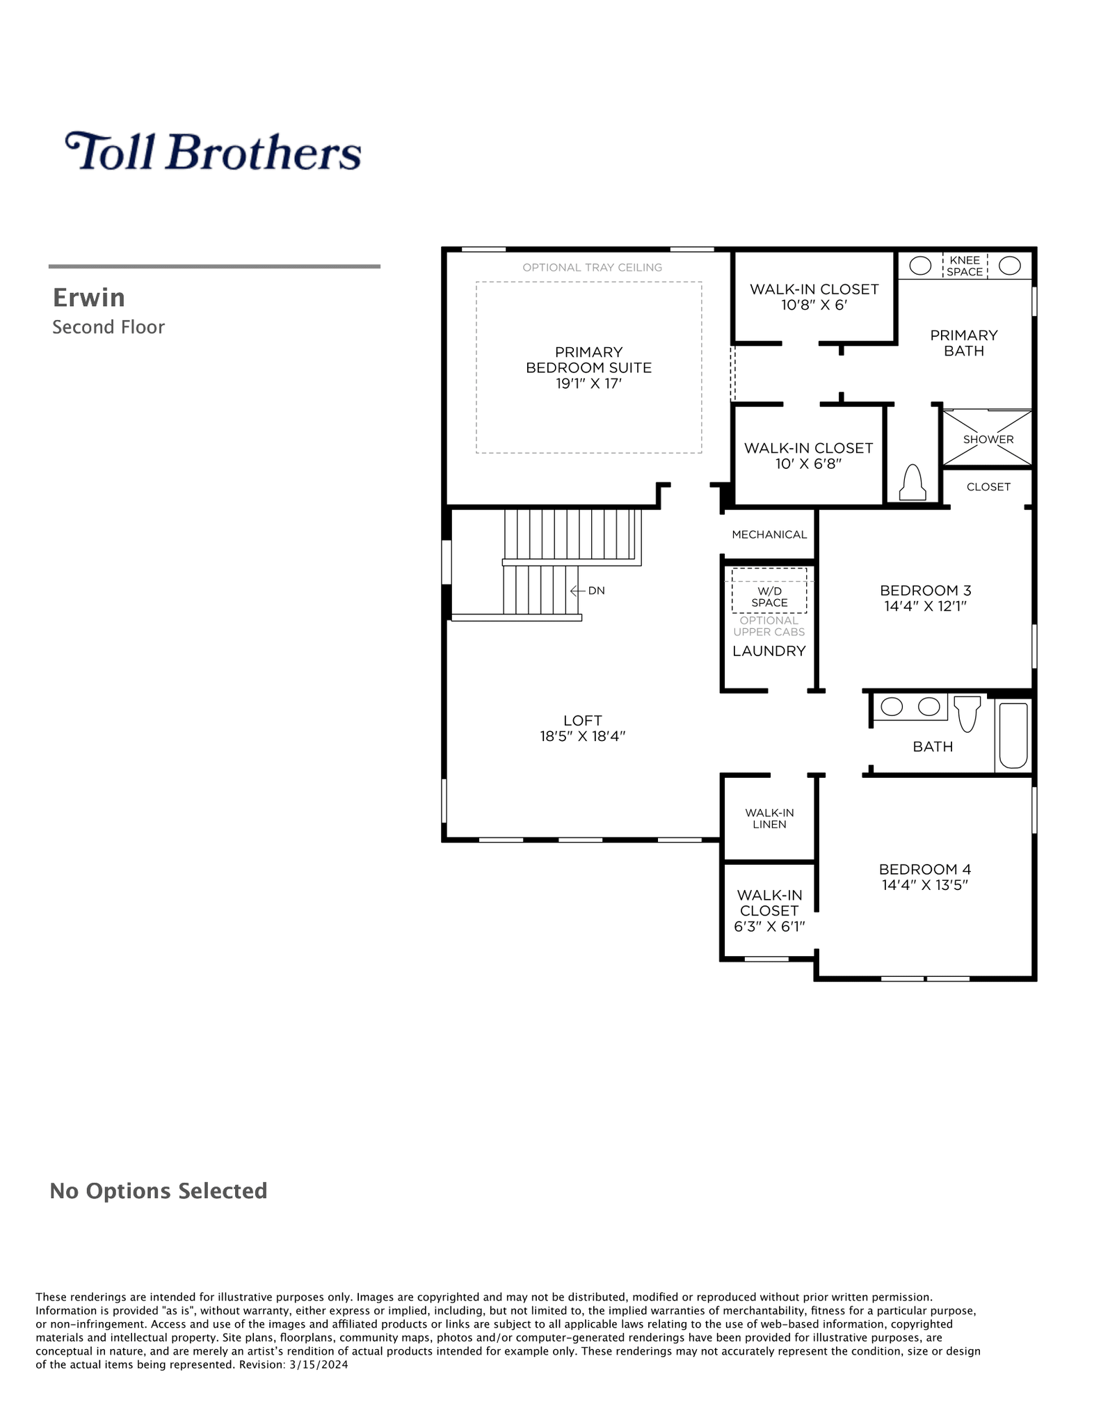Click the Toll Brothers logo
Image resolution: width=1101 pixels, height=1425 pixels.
click(x=213, y=151)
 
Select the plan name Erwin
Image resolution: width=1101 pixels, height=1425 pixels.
click(x=89, y=298)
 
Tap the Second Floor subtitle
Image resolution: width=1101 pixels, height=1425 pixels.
click(x=109, y=327)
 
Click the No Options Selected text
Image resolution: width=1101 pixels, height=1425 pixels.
click(x=159, y=1191)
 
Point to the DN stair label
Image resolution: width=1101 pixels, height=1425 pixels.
click(x=596, y=591)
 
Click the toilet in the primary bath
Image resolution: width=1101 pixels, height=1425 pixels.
click(x=913, y=481)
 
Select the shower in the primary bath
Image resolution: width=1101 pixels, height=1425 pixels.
click(x=987, y=438)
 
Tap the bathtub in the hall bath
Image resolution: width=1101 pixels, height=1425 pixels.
click(x=1013, y=735)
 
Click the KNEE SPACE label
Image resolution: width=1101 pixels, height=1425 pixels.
click(x=965, y=266)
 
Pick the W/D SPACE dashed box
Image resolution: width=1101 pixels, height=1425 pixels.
click(x=769, y=591)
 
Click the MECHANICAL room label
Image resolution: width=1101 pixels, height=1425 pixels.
click(x=769, y=534)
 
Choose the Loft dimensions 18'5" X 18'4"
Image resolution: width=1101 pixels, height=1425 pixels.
click(x=583, y=736)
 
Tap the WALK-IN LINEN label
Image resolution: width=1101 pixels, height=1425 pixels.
click(x=769, y=818)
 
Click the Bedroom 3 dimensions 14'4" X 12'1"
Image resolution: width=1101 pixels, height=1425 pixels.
click(x=925, y=606)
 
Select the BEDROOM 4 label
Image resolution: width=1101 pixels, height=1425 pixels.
click(x=925, y=869)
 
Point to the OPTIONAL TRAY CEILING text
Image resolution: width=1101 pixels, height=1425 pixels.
click(x=592, y=267)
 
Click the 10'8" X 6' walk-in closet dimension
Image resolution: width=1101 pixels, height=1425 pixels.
click(x=814, y=305)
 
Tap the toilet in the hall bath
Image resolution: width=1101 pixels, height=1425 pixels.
click(x=967, y=713)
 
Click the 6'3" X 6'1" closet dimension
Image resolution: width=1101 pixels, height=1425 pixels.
click(x=769, y=927)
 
